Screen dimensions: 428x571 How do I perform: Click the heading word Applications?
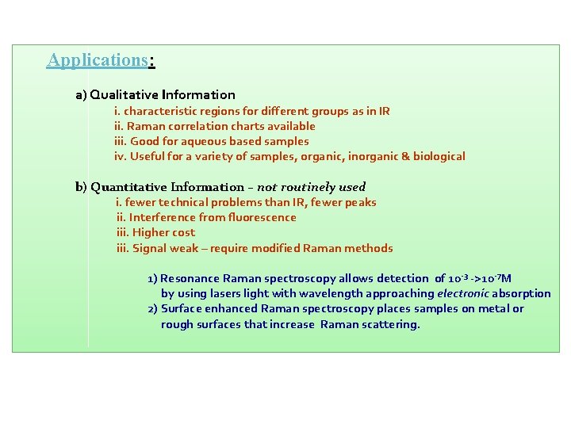coord(97,60)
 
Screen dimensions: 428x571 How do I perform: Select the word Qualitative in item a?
coord(123,95)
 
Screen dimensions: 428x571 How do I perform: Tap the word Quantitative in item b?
coord(128,187)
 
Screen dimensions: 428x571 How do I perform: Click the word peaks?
coord(360,202)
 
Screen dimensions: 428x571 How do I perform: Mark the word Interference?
coord(163,217)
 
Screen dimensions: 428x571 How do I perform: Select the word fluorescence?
coord(262,217)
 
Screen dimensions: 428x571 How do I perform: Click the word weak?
coord(185,248)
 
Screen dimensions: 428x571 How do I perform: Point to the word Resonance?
coord(190,278)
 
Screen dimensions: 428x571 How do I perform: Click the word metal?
coord(493,308)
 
